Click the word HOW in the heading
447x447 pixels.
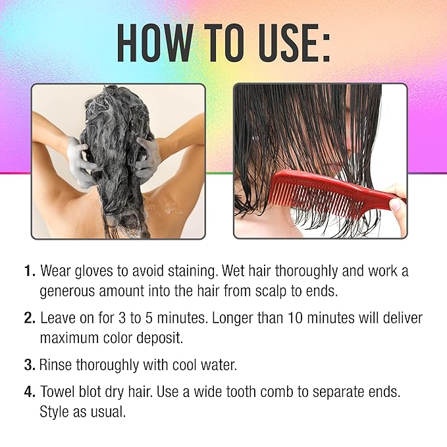click(155, 43)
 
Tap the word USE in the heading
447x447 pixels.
click(285, 43)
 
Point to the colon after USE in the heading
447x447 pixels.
click(326, 47)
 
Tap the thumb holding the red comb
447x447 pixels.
click(396, 205)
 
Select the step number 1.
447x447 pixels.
click(30, 271)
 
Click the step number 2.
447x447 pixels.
click(30, 318)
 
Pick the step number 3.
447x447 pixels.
click(30, 365)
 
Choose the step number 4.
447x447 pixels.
click(30, 392)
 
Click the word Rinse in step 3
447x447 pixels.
click(55, 365)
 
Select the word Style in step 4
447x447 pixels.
click(54, 411)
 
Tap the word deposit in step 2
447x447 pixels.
click(159, 338)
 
